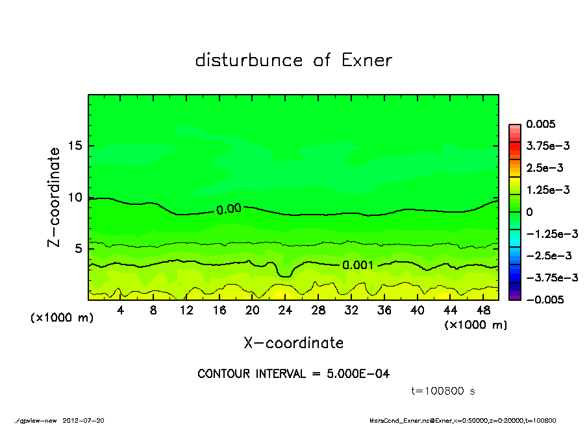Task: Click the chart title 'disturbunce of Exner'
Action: (x=293, y=60)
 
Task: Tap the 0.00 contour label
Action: (x=229, y=208)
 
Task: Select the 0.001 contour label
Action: (x=358, y=265)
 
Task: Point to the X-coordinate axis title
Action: (x=293, y=343)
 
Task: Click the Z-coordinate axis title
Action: (x=54, y=197)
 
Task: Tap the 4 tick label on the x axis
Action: (x=121, y=311)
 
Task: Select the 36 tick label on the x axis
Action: (x=384, y=311)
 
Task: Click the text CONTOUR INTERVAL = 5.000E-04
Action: (x=293, y=374)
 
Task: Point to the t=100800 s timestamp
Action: (x=444, y=391)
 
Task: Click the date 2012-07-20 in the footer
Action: (x=83, y=419)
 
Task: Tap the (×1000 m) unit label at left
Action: (x=59, y=318)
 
